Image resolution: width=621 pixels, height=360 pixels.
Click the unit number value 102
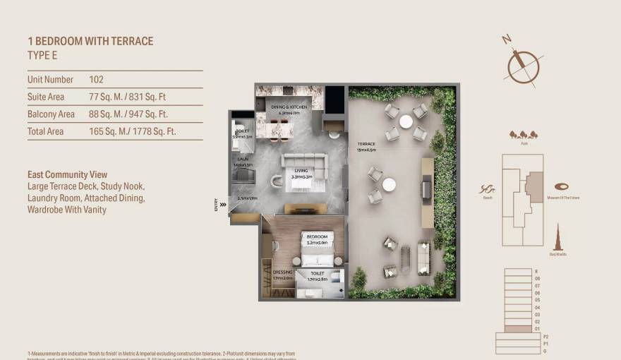(96, 80)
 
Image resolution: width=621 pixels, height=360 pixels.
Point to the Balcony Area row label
(51, 114)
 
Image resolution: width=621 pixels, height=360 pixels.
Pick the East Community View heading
(67, 174)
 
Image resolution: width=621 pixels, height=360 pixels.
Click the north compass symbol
(523, 64)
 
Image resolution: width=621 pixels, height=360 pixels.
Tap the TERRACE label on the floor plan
(366, 145)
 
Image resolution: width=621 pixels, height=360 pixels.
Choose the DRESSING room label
(282, 272)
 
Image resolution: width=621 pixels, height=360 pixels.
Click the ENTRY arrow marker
(223, 205)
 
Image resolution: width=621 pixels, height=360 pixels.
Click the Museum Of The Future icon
(562, 187)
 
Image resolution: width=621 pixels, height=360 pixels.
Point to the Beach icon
(486, 189)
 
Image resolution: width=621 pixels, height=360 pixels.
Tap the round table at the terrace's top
(406, 121)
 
